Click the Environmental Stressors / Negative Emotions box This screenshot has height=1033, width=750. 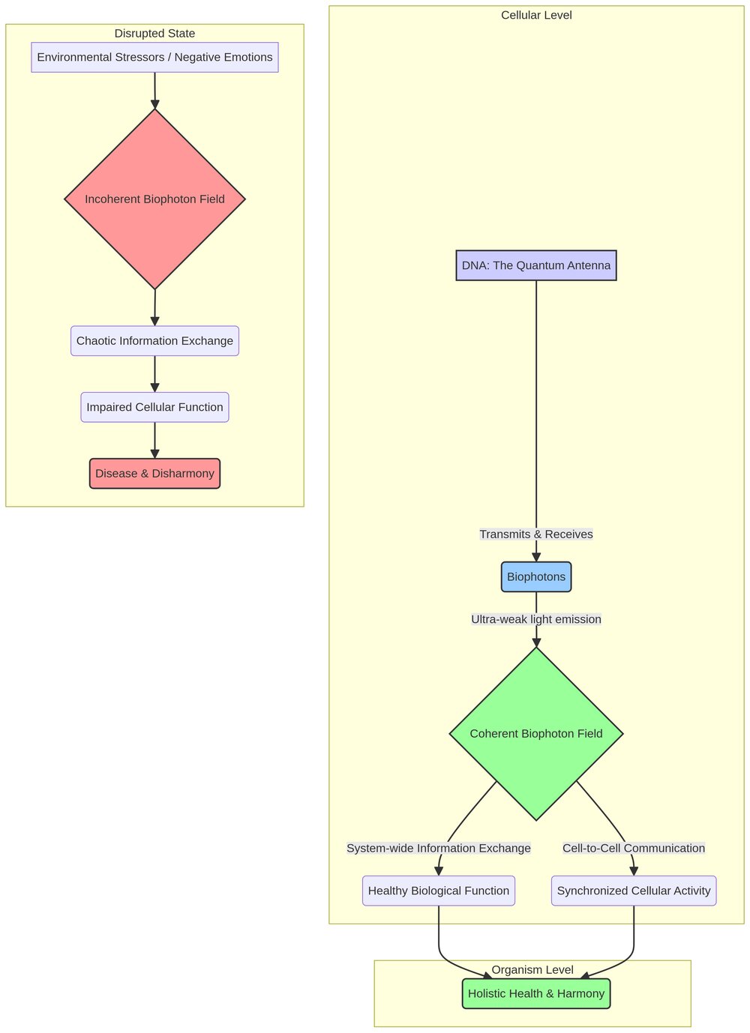pyautogui.click(x=154, y=58)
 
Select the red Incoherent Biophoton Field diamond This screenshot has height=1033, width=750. pyautogui.click(x=154, y=199)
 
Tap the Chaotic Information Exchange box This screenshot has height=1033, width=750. pyautogui.click(x=154, y=341)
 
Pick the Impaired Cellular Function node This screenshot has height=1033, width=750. pyautogui.click(x=154, y=407)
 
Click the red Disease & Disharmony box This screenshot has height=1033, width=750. pyautogui.click(x=154, y=474)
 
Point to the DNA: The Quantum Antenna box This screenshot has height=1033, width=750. pyautogui.click(x=535, y=265)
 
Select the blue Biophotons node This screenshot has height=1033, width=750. pyautogui.click(x=535, y=577)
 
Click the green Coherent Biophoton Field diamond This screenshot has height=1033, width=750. pyautogui.click(x=535, y=734)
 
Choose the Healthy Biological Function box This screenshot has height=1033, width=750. pyautogui.click(x=438, y=891)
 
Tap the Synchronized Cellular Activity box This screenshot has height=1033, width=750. pyautogui.click(x=633, y=891)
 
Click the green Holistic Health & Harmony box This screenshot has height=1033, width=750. pyautogui.click(x=535, y=993)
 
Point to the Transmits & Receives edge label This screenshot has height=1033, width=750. pyautogui.click(x=535, y=534)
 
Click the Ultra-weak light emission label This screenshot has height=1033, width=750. pyautogui.click(x=535, y=619)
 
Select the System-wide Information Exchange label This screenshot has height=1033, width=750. pyautogui.click(x=438, y=849)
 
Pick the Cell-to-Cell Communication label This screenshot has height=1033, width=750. pyautogui.click(x=633, y=849)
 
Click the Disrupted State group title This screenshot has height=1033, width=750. pyautogui.click(x=154, y=34)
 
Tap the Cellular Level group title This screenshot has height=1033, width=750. pyautogui.click(x=535, y=16)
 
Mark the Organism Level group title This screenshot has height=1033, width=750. pyautogui.click(x=532, y=970)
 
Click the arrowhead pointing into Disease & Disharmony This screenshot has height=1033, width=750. pyautogui.click(x=154, y=454)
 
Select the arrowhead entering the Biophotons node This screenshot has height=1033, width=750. pyautogui.click(x=535, y=557)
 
